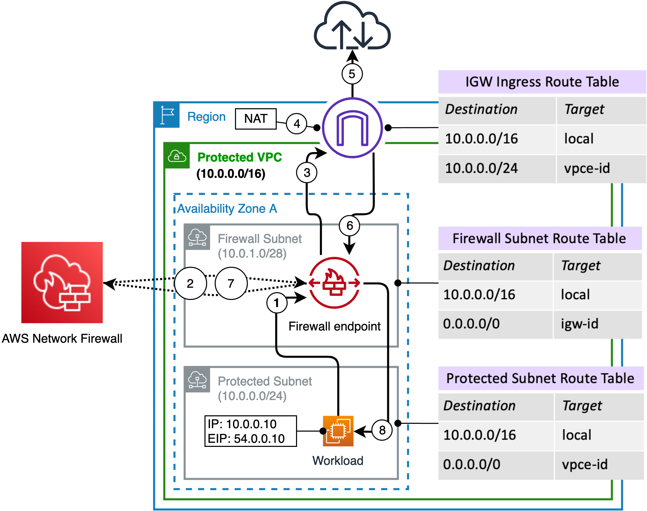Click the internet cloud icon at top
[x=352, y=27]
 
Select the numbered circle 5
[x=352, y=74]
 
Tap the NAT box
[x=256, y=119]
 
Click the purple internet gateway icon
[x=352, y=128]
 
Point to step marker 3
[x=307, y=173]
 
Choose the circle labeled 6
[x=350, y=226]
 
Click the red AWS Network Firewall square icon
[x=62, y=283]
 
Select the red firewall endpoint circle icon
[x=334, y=283]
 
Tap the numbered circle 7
[x=231, y=283]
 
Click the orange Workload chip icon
[x=338, y=431]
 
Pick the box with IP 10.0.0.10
[x=251, y=431]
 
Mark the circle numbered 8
[x=382, y=430]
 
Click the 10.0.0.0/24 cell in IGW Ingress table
[x=497, y=169]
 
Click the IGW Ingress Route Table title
[x=542, y=82]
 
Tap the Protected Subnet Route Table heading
[x=540, y=378]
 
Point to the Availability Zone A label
[x=227, y=209]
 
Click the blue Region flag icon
[x=167, y=115]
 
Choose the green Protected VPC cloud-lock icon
[x=177, y=156]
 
